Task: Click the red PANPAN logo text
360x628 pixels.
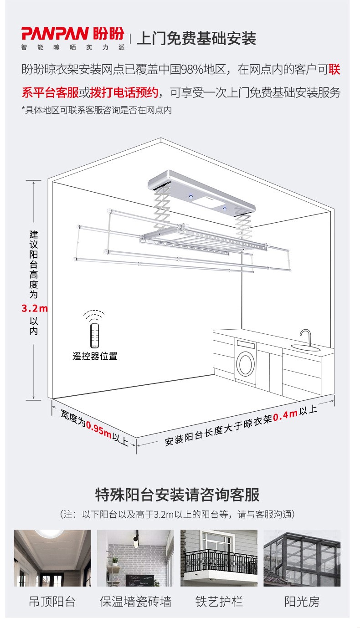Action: (x=55, y=34)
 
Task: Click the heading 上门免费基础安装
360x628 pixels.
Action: (x=196, y=38)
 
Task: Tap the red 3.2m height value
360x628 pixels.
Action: (x=35, y=308)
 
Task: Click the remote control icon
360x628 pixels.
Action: (x=95, y=335)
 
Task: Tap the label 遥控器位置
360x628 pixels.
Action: (x=95, y=356)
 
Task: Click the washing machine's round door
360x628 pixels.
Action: (x=246, y=363)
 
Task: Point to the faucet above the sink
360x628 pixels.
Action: (x=306, y=337)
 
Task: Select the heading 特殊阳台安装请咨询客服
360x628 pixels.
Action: (x=177, y=495)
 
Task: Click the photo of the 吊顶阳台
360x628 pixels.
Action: (x=52, y=558)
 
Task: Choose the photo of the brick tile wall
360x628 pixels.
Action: (x=135, y=558)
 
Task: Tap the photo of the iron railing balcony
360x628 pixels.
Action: (x=219, y=558)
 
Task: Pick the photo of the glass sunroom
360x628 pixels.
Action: (x=302, y=558)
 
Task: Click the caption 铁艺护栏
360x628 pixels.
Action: (x=219, y=602)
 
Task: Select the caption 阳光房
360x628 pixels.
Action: (x=302, y=602)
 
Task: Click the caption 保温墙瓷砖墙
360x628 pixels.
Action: (x=135, y=602)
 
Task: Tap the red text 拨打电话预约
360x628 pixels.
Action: (x=124, y=92)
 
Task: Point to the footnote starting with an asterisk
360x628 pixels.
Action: (x=97, y=110)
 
